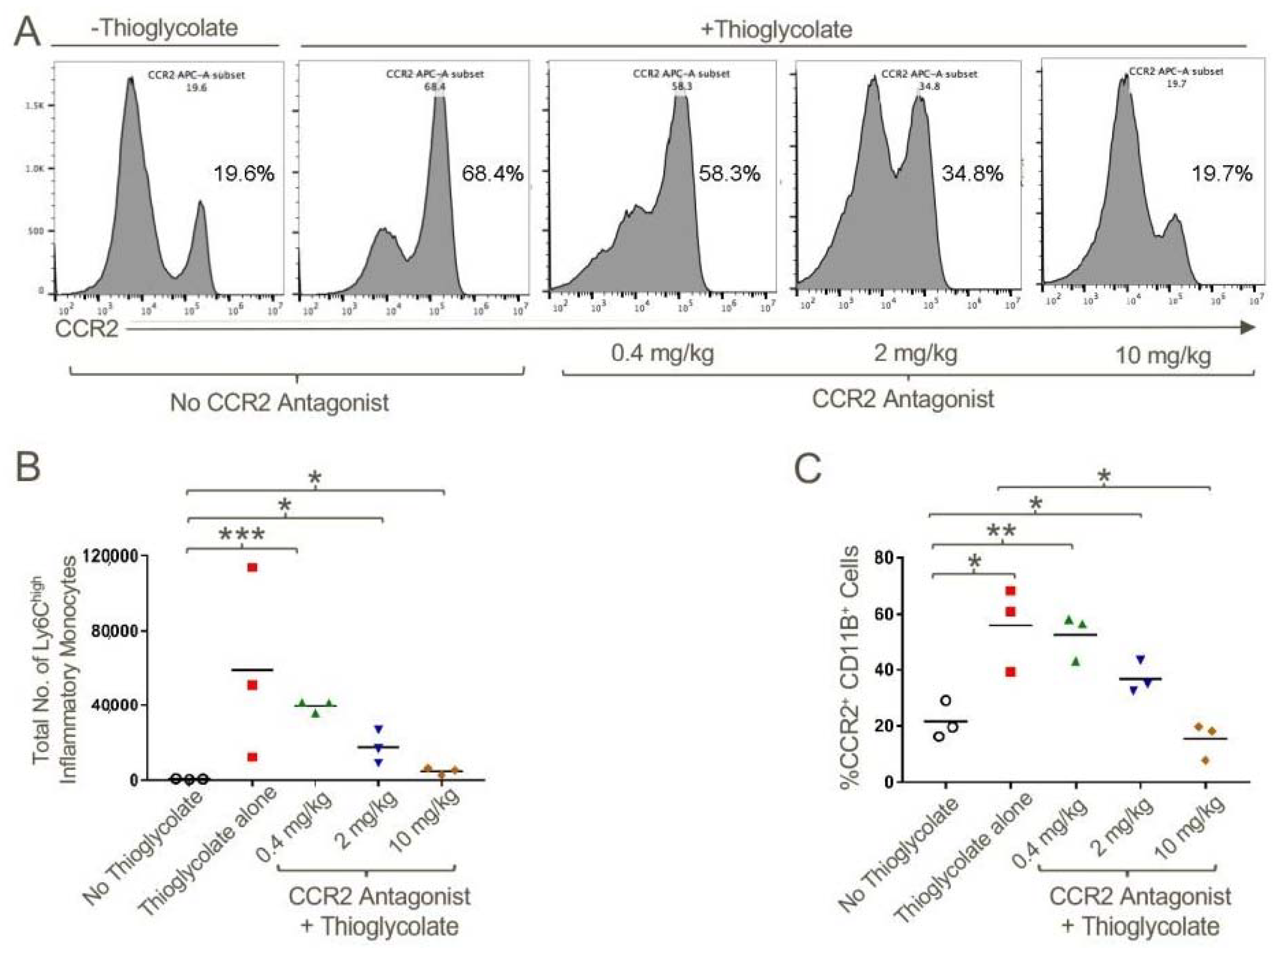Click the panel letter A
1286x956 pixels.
(x=27, y=32)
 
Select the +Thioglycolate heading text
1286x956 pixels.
(x=776, y=29)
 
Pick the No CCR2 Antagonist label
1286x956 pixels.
(x=279, y=402)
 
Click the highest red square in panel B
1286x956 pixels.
(x=252, y=567)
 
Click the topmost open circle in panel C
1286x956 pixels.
(x=945, y=700)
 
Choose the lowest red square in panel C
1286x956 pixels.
(x=1011, y=672)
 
